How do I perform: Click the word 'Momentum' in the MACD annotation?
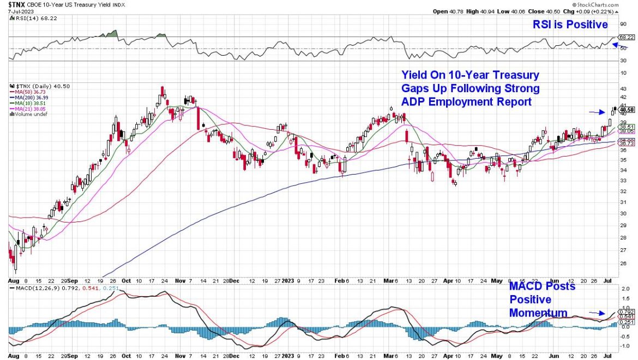click(538, 313)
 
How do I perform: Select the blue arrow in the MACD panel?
click(597, 314)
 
